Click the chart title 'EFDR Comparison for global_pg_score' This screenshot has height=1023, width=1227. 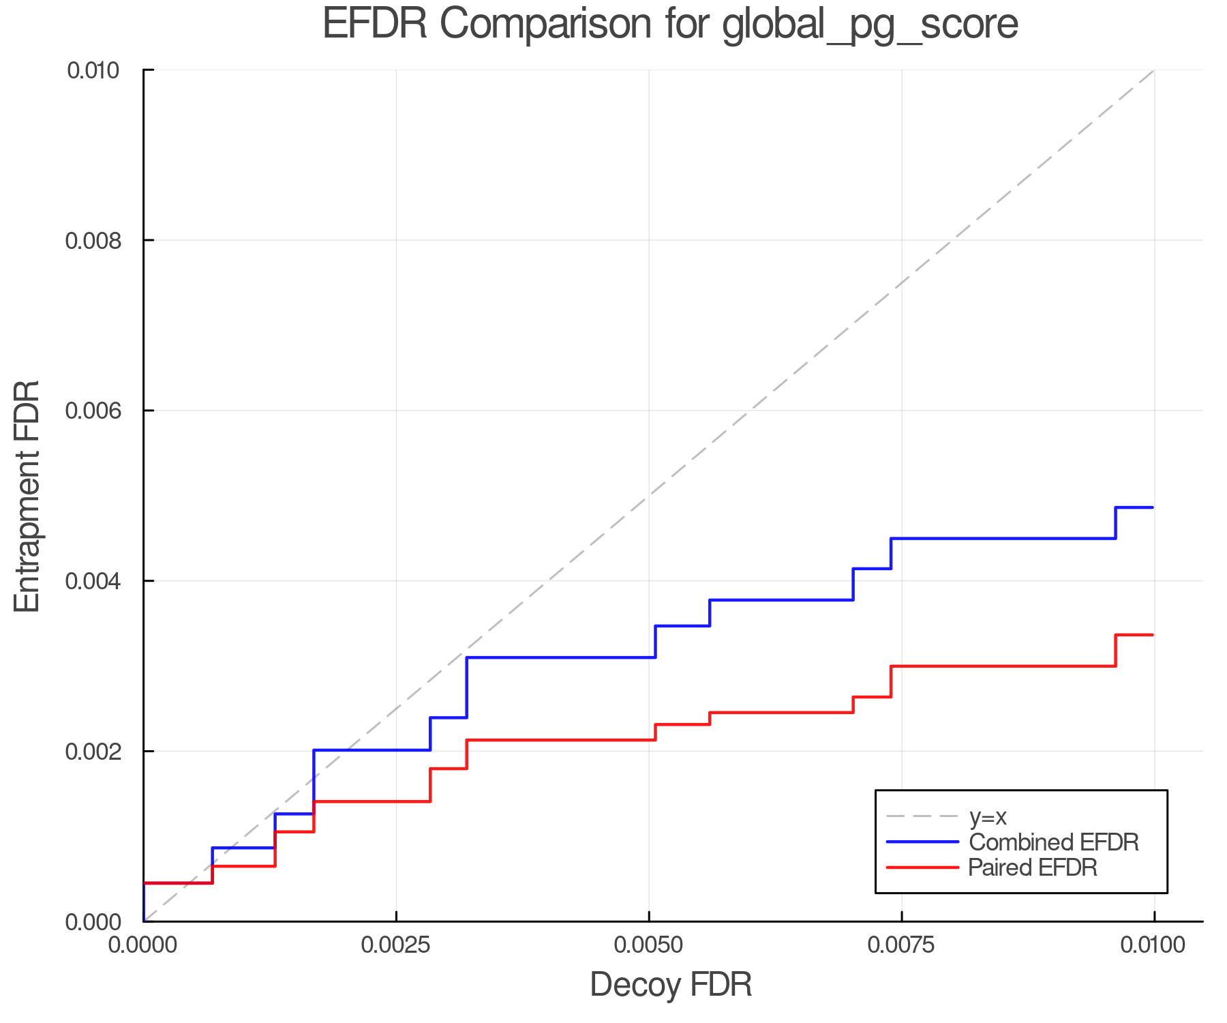670,25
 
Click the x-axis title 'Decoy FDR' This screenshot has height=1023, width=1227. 670,985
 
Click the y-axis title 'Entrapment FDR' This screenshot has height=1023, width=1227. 27,496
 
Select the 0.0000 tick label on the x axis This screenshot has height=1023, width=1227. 143,945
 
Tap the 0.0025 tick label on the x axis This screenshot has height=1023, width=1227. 396,945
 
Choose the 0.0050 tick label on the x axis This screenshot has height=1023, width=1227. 648,945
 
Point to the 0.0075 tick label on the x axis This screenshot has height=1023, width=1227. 901,945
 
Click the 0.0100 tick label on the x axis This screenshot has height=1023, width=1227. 1153,945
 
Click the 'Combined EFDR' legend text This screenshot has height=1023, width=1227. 1053,842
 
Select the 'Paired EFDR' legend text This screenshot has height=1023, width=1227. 1032,868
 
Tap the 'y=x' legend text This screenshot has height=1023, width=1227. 988,816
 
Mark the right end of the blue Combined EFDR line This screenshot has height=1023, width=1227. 1153,507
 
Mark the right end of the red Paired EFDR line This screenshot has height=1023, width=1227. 1153,635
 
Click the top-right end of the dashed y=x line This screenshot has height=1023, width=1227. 1153,70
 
